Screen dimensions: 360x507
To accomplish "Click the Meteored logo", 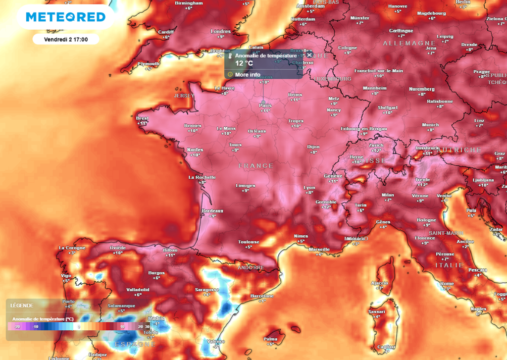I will click(65, 17).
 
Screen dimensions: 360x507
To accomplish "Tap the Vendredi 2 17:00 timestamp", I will click(65, 39).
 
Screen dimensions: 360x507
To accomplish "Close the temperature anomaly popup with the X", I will click(309, 55).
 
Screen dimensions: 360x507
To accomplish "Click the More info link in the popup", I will click(248, 75).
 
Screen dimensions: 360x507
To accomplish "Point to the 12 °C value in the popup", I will click(244, 63).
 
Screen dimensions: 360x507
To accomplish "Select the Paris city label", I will click(265, 105).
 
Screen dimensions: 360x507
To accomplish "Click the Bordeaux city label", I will click(212, 211).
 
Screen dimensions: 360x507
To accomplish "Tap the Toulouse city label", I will click(249, 242).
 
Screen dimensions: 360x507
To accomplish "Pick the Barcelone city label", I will click(262, 296).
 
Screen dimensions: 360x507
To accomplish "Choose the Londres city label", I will click(221, 31).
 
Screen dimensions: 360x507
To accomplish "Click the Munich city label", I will click(431, 125).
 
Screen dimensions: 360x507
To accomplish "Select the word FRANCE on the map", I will click(255, 165).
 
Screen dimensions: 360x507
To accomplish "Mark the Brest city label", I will click(142, 118).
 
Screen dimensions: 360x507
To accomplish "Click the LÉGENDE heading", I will click(22, 306).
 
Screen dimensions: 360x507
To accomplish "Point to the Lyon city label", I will click(309, 188).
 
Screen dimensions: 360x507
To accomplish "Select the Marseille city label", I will click(319, 249).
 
